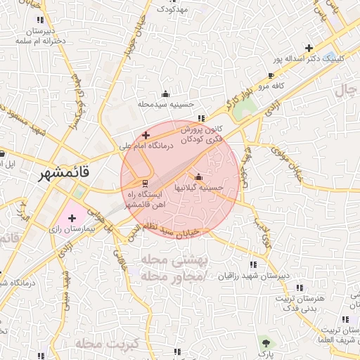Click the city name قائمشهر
pyautogui.click(x=62, y=171)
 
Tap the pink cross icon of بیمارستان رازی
pyautogui.click(x=72, y=219)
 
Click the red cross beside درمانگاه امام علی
pyautogui.click(x=146, y=135)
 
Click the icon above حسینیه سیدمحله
pyautogui.click(x=165, y=94)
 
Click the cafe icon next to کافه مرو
pyautogui.click(x=271, y=75)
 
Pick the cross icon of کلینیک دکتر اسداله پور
pyautogui.click(x=309, y=48)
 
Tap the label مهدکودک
pyautogui.click(x=172, y=9)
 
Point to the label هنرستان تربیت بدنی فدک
pyautogui.click(x=305, y=304)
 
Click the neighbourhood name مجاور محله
pyautogui.click(x=173, y=277)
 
